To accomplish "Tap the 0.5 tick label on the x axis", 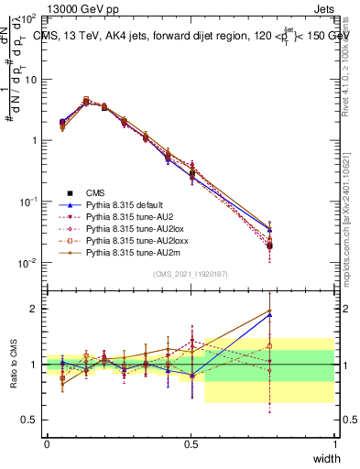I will (191, 443).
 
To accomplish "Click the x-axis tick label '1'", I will (335, 443).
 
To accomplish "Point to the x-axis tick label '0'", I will (47, 443).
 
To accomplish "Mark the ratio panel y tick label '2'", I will (34, 309).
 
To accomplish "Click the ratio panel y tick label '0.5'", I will (29, 420).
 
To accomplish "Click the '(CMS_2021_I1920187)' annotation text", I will (191, 274).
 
